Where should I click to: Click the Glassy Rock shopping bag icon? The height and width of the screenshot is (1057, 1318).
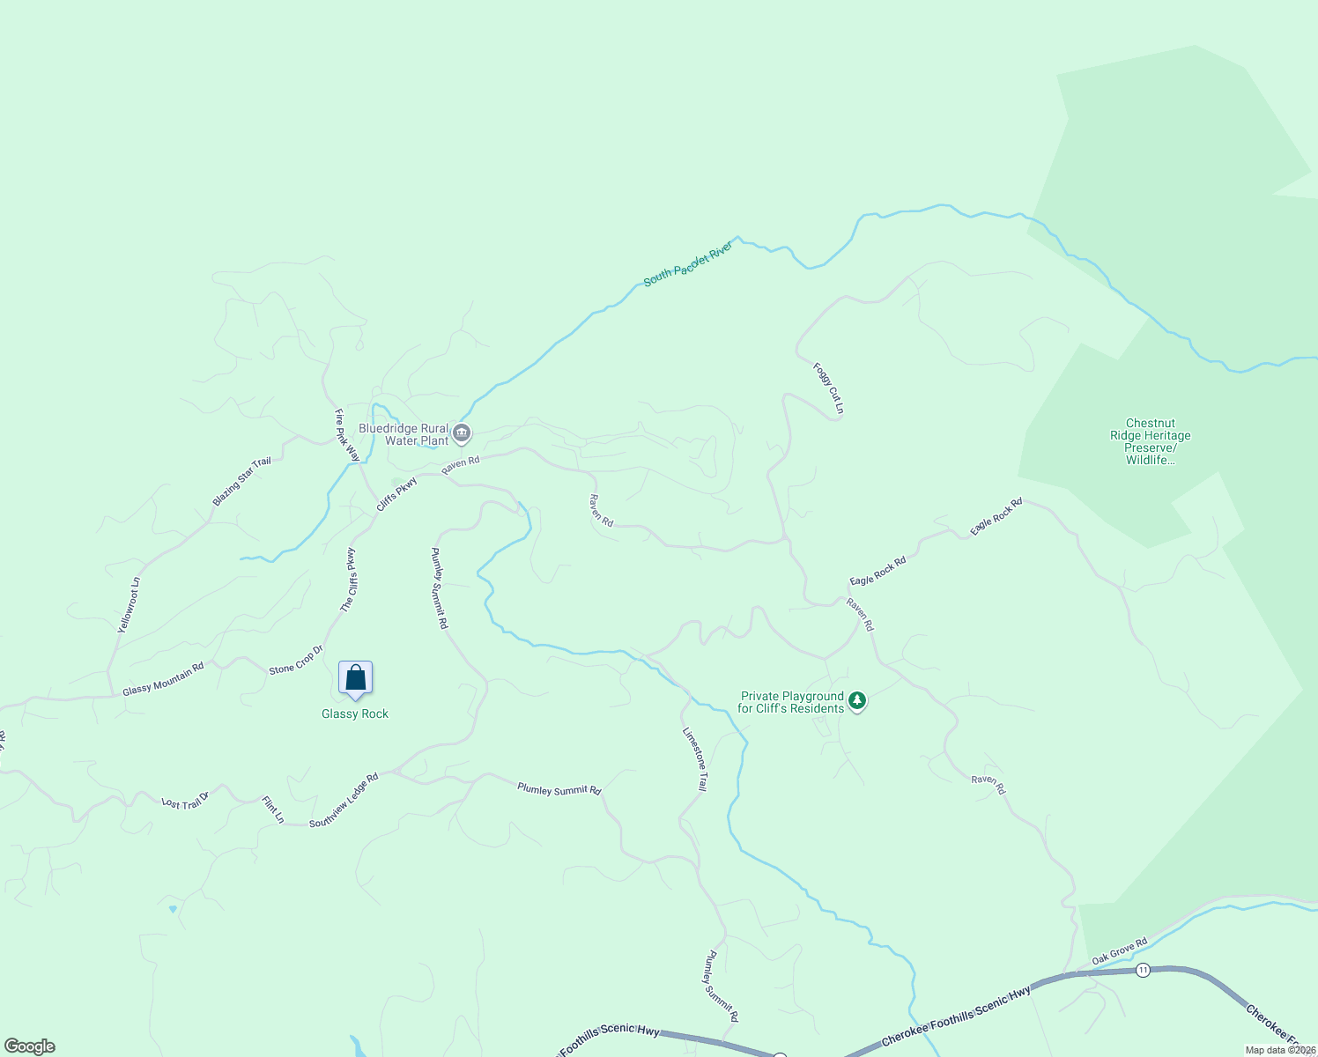(x=355, y=678)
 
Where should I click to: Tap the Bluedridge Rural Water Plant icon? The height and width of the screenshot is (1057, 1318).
(x=462, y=433)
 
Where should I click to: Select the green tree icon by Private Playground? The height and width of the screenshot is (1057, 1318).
(x=856, y=702)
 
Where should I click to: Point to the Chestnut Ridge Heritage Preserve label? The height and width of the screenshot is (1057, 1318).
(x=1150, y=441)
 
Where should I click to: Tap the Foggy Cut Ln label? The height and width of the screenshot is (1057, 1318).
(x=828, y=388)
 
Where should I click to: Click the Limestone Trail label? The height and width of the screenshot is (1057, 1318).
(x=694, y=758)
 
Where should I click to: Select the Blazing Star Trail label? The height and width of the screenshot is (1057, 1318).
(x=241, y=482)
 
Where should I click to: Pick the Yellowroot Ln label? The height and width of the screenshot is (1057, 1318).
(x=130, y=605)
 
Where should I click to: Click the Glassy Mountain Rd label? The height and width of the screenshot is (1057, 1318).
(x=163, y=678)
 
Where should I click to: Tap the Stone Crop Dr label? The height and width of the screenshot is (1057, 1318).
(x=296, y=660)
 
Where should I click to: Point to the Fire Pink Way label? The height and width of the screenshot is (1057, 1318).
(x=347, y=435)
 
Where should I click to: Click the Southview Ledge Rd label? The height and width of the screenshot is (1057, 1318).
(x=344, y=800)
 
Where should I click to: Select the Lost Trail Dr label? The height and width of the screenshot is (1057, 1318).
(x=185, y=801)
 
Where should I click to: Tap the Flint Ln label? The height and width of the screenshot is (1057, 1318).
(x=273, y=809)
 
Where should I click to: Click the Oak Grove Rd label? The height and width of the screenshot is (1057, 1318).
(x=1119, y=950)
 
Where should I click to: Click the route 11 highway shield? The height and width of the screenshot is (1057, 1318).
(x=1143, y=970)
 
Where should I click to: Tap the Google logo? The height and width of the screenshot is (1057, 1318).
(x=29, y=1046)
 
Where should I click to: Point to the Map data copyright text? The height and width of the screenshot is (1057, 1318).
(x=1280, y=1050)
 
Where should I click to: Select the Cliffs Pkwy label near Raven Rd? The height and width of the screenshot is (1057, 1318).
(x=396, y=494)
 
